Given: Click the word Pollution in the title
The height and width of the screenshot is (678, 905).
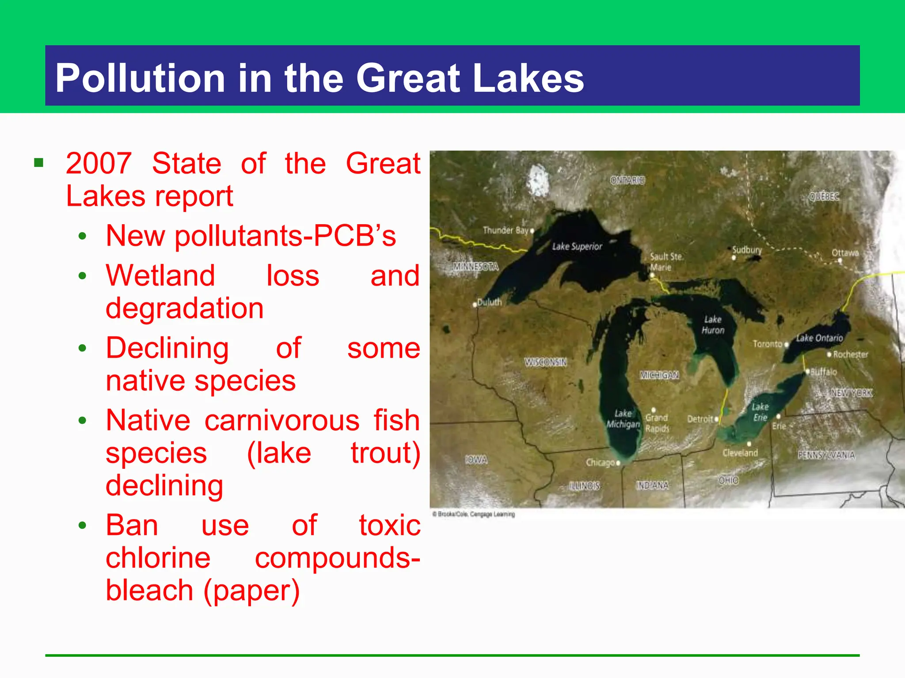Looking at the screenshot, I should tap(140, 78).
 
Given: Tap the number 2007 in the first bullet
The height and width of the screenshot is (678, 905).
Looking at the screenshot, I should tap(99, 163).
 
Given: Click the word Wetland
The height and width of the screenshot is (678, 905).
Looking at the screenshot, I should tap(160, 275).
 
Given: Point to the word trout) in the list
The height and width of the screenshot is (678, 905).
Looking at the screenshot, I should tap(385, 453).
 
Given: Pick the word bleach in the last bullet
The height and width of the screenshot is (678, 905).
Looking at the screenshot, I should tap(149, 591).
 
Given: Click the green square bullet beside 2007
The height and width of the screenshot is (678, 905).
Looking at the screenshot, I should tap(39, 163).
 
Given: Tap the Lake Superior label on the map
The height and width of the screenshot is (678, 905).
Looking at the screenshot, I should tap(577, 246).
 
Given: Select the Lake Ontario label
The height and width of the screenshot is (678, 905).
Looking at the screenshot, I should tap(819, 338).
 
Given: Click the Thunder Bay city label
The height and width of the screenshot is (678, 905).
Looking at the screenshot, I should tap(505, 230).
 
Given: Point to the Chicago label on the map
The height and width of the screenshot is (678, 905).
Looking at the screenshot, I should tap(600, 462).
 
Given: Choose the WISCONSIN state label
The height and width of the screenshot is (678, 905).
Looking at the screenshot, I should tap(545, 362).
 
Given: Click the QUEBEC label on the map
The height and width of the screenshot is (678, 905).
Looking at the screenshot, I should tap(824, 196).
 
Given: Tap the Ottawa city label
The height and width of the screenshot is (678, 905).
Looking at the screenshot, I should tap(845, 252).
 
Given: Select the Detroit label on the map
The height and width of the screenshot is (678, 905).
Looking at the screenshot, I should tap(700, 418).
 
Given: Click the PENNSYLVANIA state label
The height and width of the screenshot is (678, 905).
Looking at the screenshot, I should tap(826, 455).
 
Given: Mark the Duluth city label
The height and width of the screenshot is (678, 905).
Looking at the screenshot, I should tap(489, 302).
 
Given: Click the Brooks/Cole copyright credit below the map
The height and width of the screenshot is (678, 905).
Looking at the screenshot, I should tap(473, 514).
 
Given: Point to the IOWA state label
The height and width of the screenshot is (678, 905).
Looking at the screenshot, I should tap(476, 460).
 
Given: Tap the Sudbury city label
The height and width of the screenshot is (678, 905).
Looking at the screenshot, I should tap(747, 249).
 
